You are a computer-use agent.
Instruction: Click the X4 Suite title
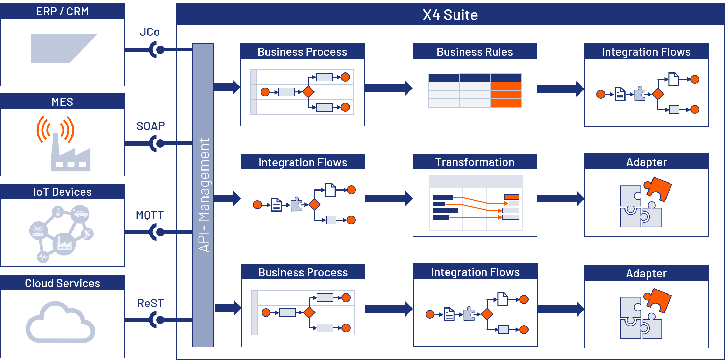[450, 15]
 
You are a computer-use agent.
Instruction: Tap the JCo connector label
[150, 32]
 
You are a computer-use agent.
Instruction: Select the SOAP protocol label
[150, 126]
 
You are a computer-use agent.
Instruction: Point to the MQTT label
[150, 215]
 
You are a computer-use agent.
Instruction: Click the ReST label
[150, 303]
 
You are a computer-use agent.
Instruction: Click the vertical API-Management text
[203, 195]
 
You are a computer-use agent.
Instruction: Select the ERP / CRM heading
[62, 12]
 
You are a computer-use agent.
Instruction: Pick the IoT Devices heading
[62, 192]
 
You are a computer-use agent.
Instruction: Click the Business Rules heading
[475, 52]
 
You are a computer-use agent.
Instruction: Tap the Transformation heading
[475, 162]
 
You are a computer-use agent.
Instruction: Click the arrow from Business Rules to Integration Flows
[560, 89]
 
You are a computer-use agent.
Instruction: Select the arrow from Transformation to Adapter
[560, 199]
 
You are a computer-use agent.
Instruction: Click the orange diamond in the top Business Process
[308, 92]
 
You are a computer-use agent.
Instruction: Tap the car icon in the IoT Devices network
[81, 213]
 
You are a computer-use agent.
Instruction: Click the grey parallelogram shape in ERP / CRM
[60, 48]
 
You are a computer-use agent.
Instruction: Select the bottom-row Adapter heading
[646, 273]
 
